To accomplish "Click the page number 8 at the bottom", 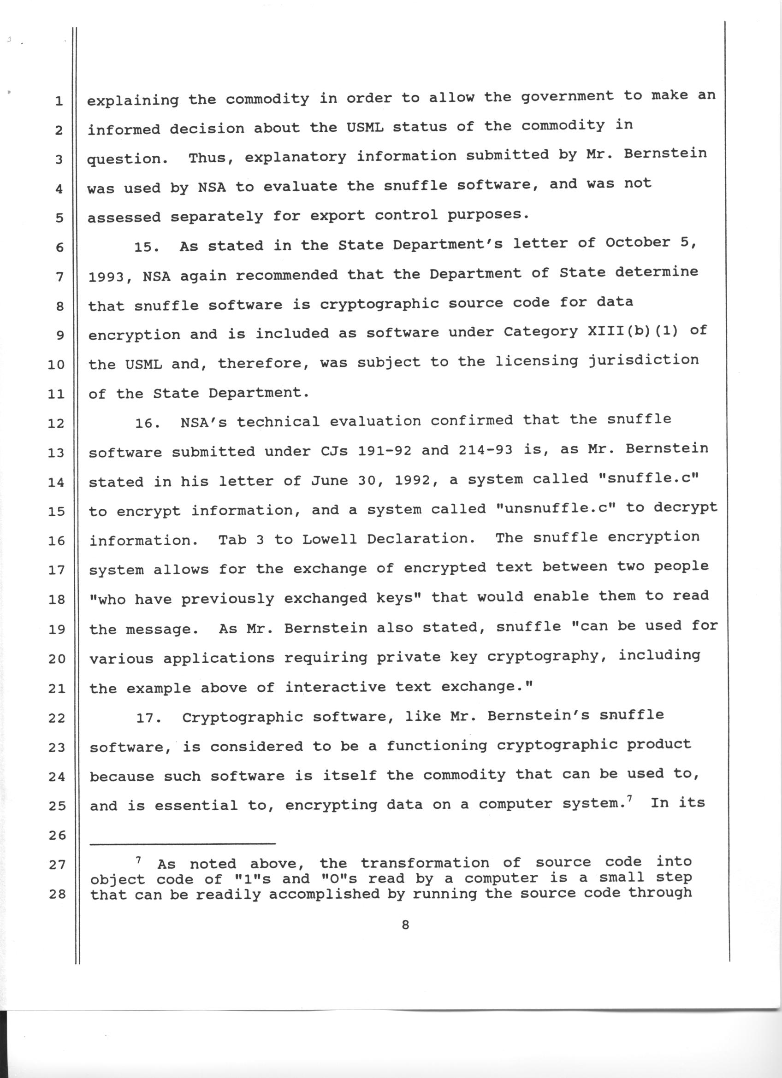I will pyautogui.click(x=405, y=925).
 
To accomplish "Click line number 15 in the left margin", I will pyautogui.click(x=56, y=512).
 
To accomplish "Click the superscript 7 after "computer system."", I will pyautogui.click(x=629, y=799).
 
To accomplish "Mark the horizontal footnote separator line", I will pyautogui.click(x=183, y=844).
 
